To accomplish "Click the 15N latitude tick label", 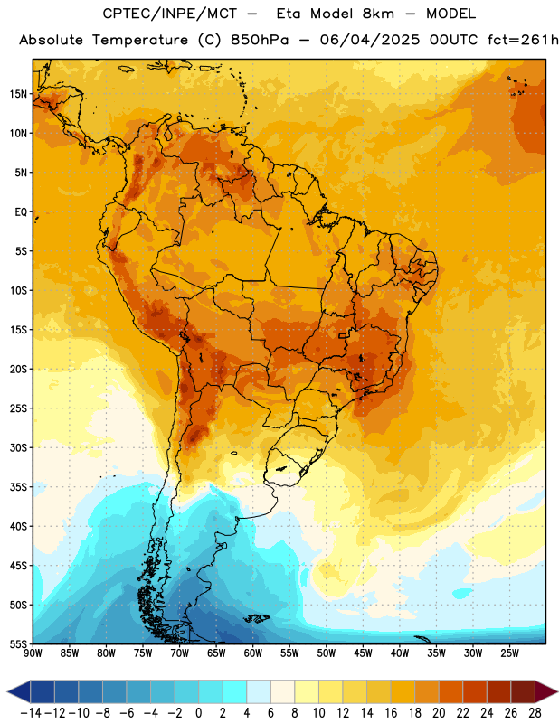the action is (18, 94).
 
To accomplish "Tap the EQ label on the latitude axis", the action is (21, 212).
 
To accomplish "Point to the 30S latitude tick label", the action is (18, 447).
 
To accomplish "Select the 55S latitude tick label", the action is (18, 643).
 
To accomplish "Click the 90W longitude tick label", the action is (33, 653).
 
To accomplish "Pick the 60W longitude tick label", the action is (253, 653).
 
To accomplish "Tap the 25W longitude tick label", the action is (509, 653).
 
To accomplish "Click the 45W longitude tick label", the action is (363, 653).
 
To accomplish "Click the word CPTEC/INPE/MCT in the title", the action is (169, 14).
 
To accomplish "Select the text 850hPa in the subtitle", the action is (260, 40).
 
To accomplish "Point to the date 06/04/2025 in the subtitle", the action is (370, 40).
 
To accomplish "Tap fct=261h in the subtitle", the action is (523, 40).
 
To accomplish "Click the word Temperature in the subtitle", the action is (140, 40).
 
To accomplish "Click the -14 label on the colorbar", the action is (31, 713).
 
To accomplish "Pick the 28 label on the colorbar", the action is (535, 713).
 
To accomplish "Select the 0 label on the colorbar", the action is (198, 713).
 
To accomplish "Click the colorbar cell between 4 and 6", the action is (259, 691).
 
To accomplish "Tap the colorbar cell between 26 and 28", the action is (523, 691).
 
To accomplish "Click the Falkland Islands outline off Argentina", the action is (257, 618).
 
